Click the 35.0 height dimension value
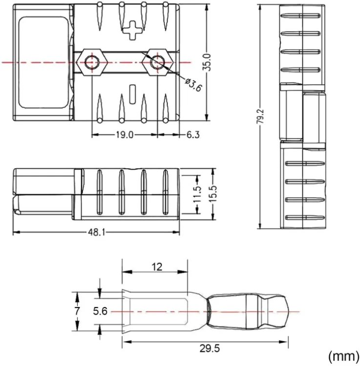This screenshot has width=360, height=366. point(207,62)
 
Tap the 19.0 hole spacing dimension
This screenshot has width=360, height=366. point(124,135)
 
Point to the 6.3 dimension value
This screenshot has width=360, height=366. point(193,135)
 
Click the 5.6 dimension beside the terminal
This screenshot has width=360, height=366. point(100,311)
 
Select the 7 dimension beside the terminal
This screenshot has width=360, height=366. point(77,311)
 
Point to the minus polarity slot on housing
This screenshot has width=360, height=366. point(132,92)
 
